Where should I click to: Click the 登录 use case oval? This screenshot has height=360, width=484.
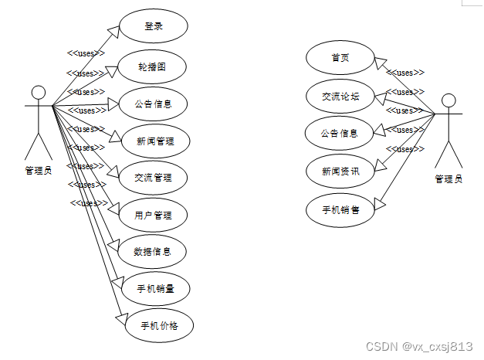pos(154,26)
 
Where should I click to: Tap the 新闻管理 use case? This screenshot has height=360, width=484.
pos(154,141)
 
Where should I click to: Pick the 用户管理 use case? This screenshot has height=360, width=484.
pos(157,215)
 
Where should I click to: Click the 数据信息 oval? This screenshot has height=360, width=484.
pos(157,251)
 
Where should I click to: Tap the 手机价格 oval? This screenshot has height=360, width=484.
pos(159,325)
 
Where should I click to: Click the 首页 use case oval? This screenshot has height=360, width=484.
pos(340,58)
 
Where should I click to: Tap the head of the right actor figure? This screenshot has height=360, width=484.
pos(448,100)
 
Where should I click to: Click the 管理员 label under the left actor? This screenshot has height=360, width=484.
pos(39,171)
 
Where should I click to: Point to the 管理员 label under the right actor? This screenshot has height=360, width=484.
pos(448,179)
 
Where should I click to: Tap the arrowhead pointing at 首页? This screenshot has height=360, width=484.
pos(380,63)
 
